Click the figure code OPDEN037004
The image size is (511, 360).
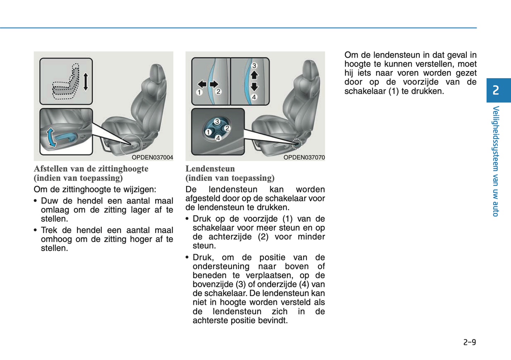click(x=152, y=157)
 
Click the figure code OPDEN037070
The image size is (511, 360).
click(x=304, y=157)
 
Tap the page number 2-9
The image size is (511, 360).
click(x=469, y=342)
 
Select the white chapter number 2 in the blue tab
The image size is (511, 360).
click(x=496, y=90)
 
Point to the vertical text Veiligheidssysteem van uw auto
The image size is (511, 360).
click(x=496, y=161)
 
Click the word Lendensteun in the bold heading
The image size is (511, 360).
click(x=210, y=169)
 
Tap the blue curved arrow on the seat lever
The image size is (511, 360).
click(x=51, y=138)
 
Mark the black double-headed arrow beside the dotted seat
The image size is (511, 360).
click(x=85, y=82)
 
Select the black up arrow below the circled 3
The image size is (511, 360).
click(x=254, y=75)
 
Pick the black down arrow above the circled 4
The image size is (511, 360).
click(x=254, y=87)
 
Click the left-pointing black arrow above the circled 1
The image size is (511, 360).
click(x=202, y=84)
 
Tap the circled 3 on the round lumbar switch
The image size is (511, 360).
click(x=217, y=122)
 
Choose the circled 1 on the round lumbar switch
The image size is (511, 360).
click(x=209, y=132)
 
